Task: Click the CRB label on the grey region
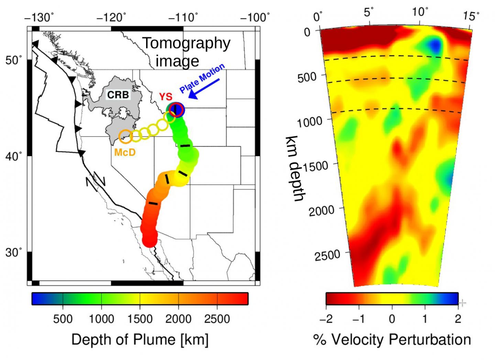pyautogui.click(x=118, y=95)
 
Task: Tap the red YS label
pyautogui.click(x=165, y=97)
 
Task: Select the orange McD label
pyautogui.click(x=125, y=152)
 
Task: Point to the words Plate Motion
pyautogui.click(x=202, y=78)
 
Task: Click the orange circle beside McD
pyautogui.click(x=125, y=136)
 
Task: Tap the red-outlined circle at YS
pyautogui.click(x=176, y=110)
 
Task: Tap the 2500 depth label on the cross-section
pyautogui.click(x=328, y=255)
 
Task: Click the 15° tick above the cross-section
pyautogui.click(x=471, y=15)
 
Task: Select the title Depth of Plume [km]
pyautogui.click(x=140, y=340)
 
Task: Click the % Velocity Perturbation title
pyautogui.click(x=392, y=340)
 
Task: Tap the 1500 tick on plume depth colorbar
pyautogui.click(x=140, y=319)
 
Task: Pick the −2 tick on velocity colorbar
pyautogui.click(x=326, y=319)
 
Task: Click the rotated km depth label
pyautogui.click(x=294, y=168)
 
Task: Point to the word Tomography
pyautogui.click(x=187, y=43)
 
